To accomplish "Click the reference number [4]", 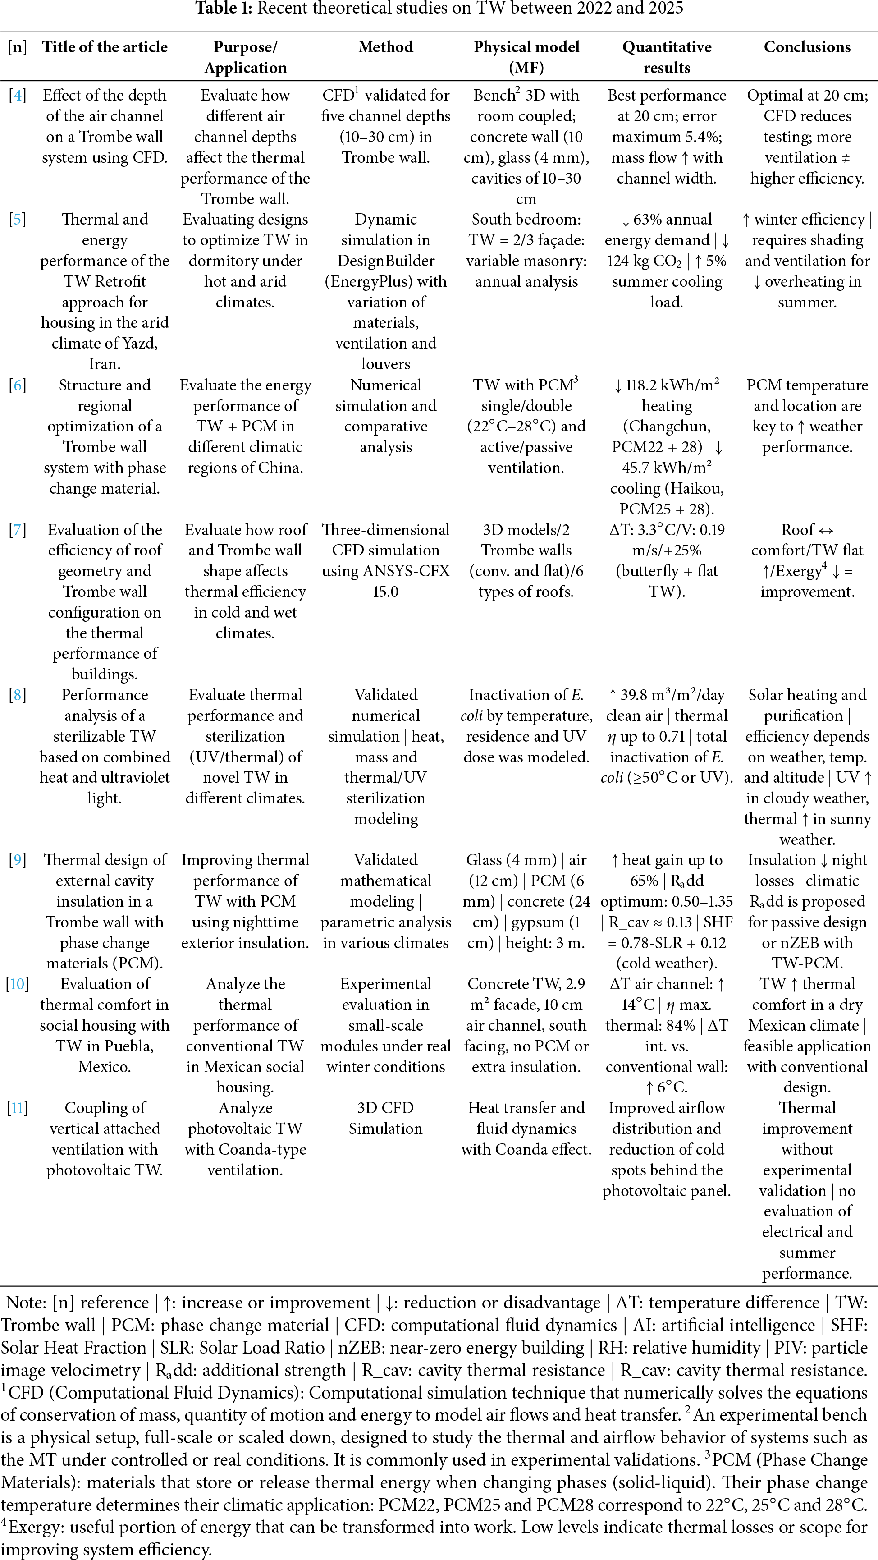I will point(17,96).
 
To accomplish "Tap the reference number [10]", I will point(17,984).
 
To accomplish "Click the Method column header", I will point(386,47).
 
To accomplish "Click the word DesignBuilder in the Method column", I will point(386,261).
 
